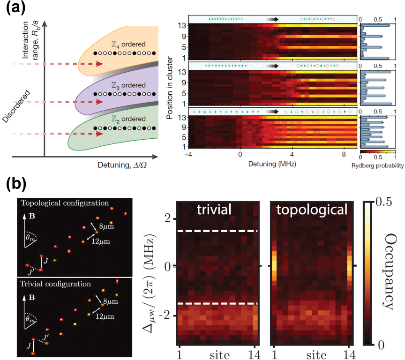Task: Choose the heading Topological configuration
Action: [x=64, y=203]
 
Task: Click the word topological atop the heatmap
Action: [x=311, y=209]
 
